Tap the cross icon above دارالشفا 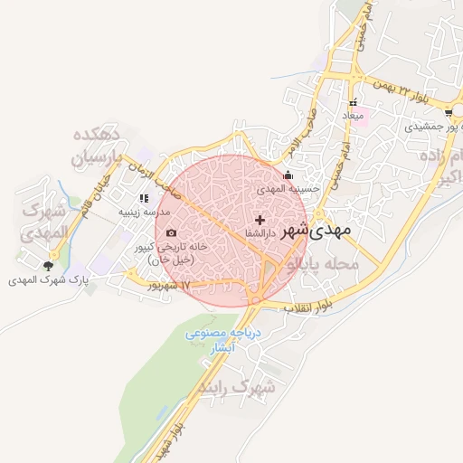(260, 220)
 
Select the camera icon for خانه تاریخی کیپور (171, 233)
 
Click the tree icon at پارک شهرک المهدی (48, 266)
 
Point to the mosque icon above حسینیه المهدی (288, 175)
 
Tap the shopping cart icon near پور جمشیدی (449, 114)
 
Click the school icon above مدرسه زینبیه (143, 198)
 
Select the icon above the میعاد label (354, 103)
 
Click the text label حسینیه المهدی (288, 189)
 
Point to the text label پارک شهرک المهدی (49, 280)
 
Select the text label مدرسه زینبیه (143, 213)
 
